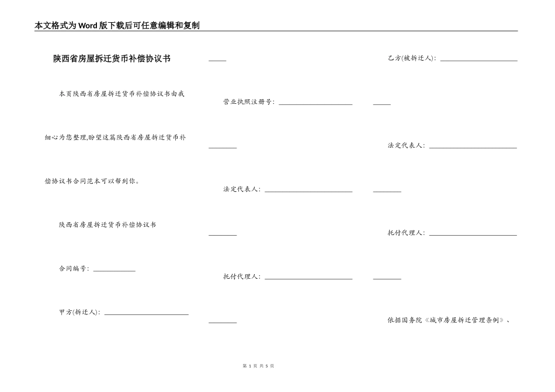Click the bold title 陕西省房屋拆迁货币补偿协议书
112,59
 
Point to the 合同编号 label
74,269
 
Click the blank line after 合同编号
114,270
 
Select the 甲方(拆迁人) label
79,312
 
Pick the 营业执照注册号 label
248,102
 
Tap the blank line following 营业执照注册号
315,104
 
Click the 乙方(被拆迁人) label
411,58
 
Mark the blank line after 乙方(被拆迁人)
478,60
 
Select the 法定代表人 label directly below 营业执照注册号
242,189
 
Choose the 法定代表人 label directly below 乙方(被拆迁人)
406,145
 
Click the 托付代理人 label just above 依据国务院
406,233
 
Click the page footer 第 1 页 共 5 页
258,366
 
